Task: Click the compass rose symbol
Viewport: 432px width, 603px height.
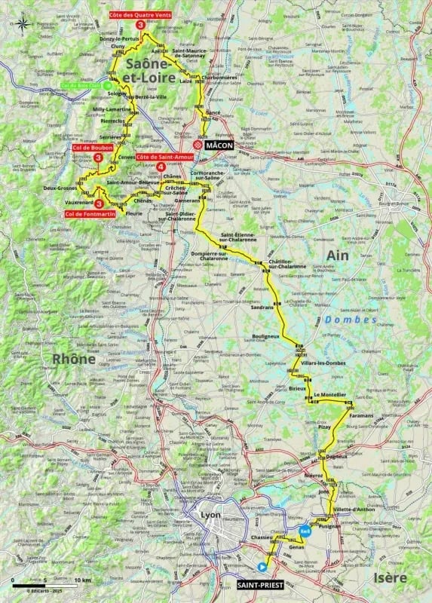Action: click(23, 23)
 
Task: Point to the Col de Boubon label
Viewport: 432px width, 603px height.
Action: click(94, 148)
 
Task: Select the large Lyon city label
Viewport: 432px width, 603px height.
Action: click(209, 515)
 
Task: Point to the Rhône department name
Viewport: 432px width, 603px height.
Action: click(73, 360)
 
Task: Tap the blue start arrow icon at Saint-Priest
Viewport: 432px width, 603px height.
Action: click(262, 567)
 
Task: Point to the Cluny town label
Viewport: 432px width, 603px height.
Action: click(117, 46)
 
